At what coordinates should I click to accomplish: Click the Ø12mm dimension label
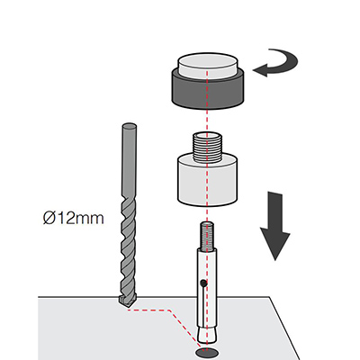(x=74, y=219)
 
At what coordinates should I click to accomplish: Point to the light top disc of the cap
(x=208, y=65)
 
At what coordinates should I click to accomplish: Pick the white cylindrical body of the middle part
(x=208, y=182)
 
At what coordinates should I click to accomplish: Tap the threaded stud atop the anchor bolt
(x=208, y=236)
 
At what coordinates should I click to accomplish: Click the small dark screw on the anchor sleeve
(x=203, y=283)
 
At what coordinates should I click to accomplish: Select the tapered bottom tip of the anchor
(x=207, y=335)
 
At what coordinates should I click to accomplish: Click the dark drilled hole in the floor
(x=207, y=352)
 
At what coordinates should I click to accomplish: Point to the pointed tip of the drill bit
(x=127, y=306)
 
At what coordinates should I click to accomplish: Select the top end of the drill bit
(x=130, y=126)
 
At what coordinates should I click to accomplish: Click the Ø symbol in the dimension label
(x=49, y=219)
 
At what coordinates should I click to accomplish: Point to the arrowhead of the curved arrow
(x=260, y=70)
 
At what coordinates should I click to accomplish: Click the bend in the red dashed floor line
(x=170, y=310)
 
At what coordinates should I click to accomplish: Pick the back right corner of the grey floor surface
(x=269, y=297)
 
